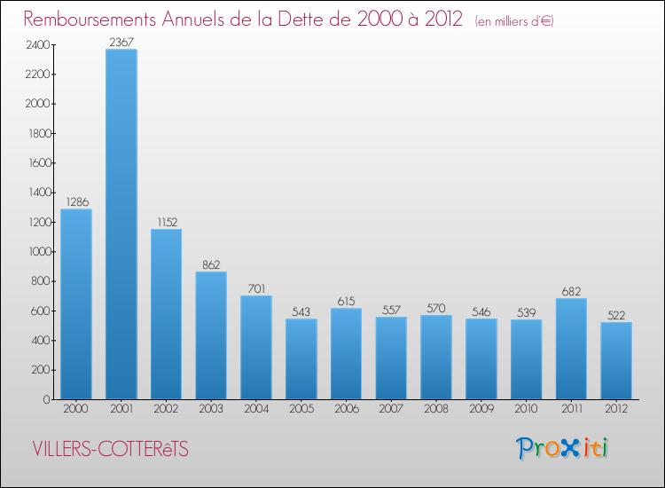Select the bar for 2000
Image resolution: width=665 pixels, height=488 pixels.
[76, 303]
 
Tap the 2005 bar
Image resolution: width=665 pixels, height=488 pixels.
[301, 358]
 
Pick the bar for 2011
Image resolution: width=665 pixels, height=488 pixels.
[571, 348]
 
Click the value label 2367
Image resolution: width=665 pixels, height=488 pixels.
[121, 42]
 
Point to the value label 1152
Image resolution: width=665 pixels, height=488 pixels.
[166, 221]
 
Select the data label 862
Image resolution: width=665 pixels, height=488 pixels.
[211, 264]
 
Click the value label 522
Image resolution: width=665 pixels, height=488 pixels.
[616, 314]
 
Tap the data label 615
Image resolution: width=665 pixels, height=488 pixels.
[346, 300]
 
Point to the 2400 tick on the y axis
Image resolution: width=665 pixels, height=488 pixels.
[36, 44]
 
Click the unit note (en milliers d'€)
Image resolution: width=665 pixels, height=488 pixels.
[514, 20]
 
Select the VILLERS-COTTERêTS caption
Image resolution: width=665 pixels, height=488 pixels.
[110, 449]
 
